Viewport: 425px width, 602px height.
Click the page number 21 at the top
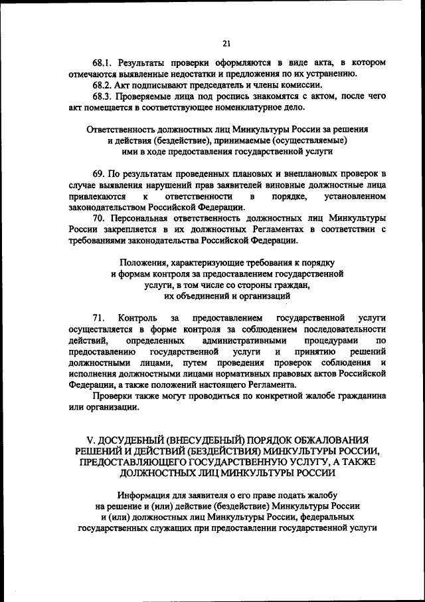pos(226,44)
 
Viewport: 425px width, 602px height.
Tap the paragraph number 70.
pos(99,219)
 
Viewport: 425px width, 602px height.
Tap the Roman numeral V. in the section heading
pos(92,440)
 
